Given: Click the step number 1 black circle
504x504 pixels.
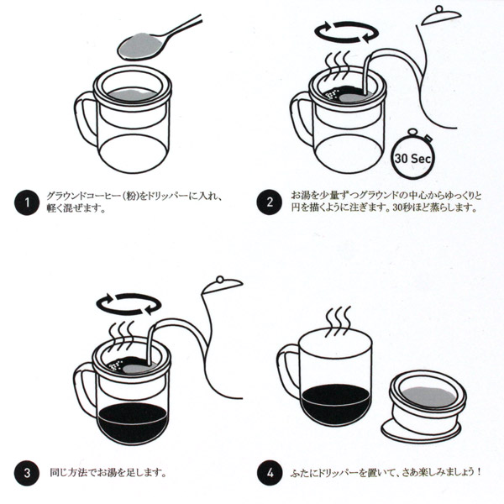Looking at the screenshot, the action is pos(27,202).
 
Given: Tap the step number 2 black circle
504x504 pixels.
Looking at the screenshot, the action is pos(270,202).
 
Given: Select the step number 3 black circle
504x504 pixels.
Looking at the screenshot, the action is pos(27,473).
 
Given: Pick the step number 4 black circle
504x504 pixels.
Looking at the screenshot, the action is pos(270,473).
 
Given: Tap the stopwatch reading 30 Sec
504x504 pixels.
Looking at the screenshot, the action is pos(412,155).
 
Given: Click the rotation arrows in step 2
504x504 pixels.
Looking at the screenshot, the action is pos(346,32).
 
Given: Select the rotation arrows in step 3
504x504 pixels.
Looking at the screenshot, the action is pos(129,304).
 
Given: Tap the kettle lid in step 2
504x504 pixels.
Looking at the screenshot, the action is pos(441,16).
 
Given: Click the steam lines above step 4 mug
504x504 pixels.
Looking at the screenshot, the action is pos(339,322).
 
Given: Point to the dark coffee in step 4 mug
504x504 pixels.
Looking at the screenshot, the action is pos(336,405).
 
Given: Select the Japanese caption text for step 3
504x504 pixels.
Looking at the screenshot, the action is pos(108,473).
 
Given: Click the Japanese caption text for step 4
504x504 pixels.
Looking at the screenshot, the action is pos(386,472).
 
